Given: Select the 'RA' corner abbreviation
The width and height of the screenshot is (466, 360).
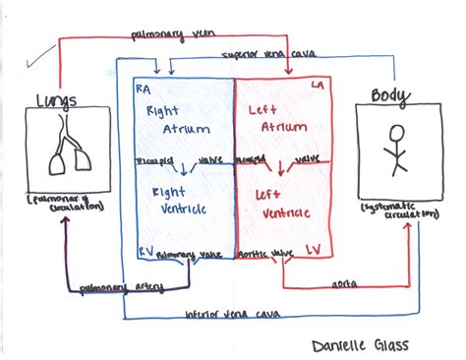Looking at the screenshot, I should [x=143, y=88].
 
